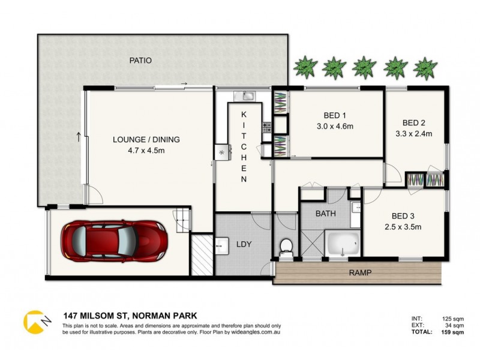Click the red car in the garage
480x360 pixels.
[113, 241]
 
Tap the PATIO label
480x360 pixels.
[140, 61]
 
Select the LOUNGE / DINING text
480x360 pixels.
[146, 140]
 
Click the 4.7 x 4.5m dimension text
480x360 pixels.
[146, 150]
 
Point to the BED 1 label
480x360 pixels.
[335, 115]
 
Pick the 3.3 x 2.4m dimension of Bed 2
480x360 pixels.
[414, 134]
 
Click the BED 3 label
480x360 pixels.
[403, 217]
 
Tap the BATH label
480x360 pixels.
[326, 213]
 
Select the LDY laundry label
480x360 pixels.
[244, 244]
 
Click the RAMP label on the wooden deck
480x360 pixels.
[360, 274]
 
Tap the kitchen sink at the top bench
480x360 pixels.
[247, 95]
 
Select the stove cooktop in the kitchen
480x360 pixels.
[266, 127]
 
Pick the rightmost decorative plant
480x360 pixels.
[425, 67]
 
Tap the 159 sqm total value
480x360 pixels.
[451, 332]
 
